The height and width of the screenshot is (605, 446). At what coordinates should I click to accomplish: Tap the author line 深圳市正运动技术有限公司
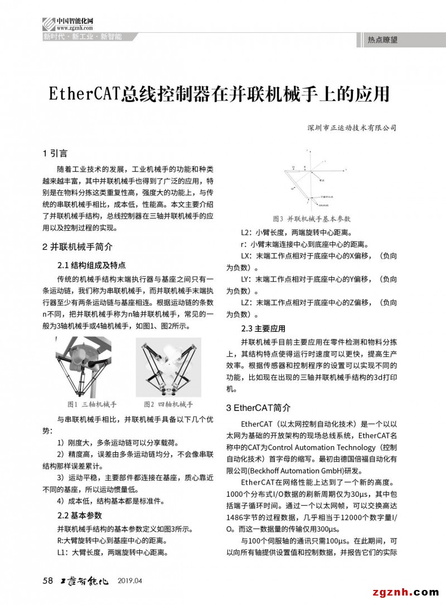351,128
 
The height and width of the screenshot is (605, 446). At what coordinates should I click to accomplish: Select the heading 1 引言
55,153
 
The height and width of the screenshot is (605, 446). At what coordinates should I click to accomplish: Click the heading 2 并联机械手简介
77,246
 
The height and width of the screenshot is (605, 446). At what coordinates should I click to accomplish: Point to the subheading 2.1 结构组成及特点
91,265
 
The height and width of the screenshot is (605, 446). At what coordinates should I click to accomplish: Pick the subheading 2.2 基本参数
80,515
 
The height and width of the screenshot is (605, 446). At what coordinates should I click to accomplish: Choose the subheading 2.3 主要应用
263,328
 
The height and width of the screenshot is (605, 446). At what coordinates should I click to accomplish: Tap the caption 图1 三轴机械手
92,404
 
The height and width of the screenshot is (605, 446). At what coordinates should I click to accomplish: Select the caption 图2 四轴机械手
168,404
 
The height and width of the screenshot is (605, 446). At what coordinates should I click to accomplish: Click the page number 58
47,580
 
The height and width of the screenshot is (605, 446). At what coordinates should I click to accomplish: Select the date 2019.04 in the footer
130,581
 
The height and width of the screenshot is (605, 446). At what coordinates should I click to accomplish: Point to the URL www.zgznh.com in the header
74,27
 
